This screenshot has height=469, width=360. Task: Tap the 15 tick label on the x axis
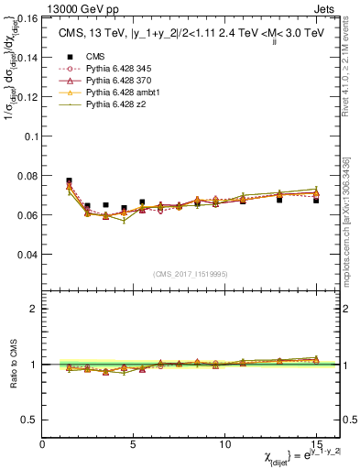click(315, 444)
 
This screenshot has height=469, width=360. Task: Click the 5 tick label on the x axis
click(134, 444)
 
